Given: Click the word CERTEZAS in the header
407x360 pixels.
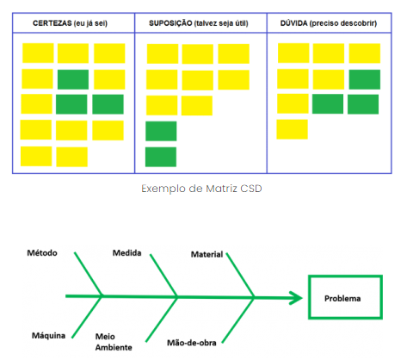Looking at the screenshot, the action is click(52, 23).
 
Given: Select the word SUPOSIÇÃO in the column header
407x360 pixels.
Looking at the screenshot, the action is click(170, 23).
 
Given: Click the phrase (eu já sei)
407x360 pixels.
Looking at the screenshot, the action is click(90, 23).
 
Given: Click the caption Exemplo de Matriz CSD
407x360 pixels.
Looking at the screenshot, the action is click(201, 189).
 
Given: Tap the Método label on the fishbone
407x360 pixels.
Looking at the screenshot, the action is click(42, 253).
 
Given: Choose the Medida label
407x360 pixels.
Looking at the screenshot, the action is click(126, 253).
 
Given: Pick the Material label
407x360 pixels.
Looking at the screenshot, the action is click(207, 254).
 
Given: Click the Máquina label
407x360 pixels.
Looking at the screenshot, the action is click(48, 335).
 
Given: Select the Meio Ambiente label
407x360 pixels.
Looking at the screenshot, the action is click(114, 342).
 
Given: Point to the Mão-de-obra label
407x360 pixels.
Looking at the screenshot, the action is click(192, 343).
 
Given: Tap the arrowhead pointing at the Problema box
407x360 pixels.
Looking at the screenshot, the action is click(297, 298).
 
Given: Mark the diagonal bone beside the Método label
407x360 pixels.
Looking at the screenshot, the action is click(88, 274).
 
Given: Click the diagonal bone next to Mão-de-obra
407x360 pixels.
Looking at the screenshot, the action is click(238, 320).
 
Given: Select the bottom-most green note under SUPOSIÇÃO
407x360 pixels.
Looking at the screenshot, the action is click(161, 157).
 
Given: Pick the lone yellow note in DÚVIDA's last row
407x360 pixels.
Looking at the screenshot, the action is click(292, 129).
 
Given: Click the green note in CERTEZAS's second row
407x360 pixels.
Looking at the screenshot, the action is click(73, 79).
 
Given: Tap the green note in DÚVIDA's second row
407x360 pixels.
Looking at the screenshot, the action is click(365, 79).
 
